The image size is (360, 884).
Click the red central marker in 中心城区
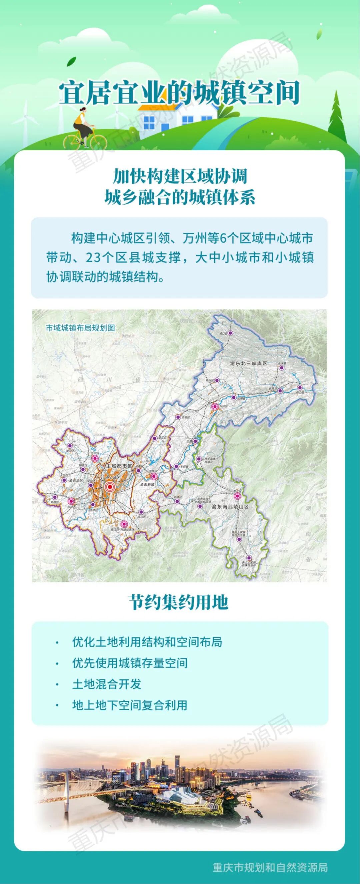[110, 487]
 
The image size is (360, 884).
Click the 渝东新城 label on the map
[149, 485]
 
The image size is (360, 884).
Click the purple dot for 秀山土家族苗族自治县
[249, 558]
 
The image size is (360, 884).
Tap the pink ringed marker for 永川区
[71, 501]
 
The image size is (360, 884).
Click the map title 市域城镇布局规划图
[80, 327]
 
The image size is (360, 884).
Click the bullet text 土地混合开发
[107, 684]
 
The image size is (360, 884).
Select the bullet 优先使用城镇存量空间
[130, 663]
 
